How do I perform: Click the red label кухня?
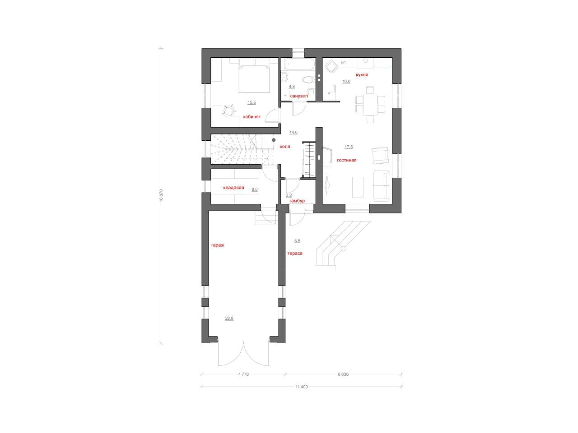(x=362, y=75)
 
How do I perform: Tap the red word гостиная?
(x=346, y=160)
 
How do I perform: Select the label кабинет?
(x=252, y=116)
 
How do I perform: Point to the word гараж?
(x=218, y=245)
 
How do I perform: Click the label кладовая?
(x=233, y=188)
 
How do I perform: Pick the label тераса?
(x=295, y=253)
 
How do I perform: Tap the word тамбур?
(x=297, y=201)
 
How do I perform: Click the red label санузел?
(x=299, y=96)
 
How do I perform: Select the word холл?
(x=284, y=147)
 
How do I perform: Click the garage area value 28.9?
(x=229, y=318)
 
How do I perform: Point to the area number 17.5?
(x=349, y=147)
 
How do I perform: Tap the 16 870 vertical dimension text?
(x=161, y=195)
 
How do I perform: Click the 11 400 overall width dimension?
(x=302, y=387)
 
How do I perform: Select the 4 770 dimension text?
(x=243, y=374)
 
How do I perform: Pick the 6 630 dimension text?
(x=343, y=374)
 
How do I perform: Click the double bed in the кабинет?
(x=254, y=75)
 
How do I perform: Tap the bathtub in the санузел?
(x=300, y=64)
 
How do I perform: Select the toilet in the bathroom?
(x=308, y=79)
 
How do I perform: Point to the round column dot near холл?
(x=274, y=140)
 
